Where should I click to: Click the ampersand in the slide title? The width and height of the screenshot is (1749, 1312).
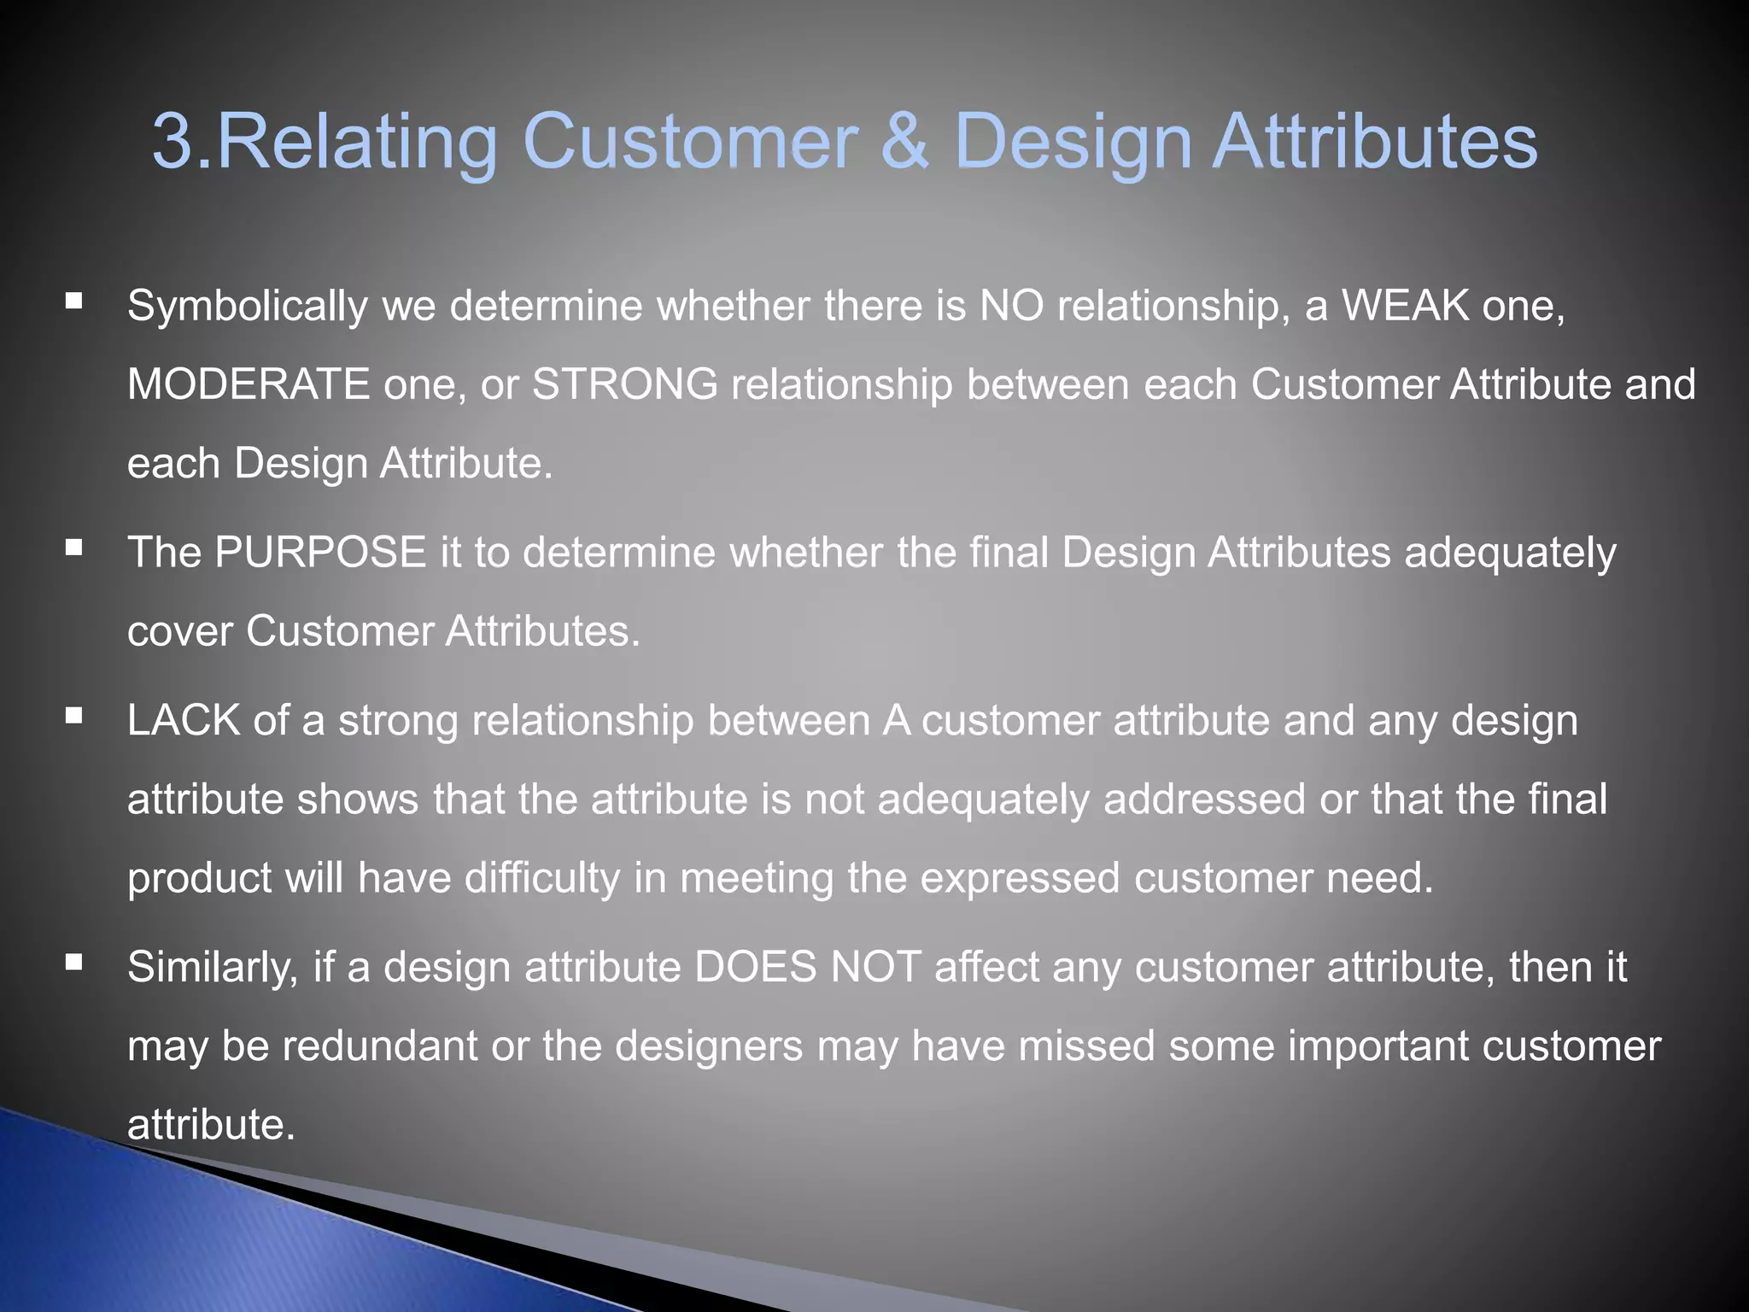tap(904, 141)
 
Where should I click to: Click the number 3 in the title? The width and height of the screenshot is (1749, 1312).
tap(175, 141)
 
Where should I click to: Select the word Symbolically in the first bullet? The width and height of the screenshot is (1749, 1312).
tap(247, 306)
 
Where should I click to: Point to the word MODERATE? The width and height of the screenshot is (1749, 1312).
tap(248, 384)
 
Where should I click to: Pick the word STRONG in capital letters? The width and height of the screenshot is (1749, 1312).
tap(625, 384)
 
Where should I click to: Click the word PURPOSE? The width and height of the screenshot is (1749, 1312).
tap(320, 552)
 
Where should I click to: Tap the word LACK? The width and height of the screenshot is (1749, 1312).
tap(183, 720)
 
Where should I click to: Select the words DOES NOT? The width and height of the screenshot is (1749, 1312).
tap(806, 967)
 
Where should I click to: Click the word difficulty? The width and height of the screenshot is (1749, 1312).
tap(541, 878)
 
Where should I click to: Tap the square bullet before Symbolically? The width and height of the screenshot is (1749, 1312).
tap(74, 301)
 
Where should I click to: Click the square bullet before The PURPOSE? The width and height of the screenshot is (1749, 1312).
tap(74, 547)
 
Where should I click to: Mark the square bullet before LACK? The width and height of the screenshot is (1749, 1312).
tap(74, 715)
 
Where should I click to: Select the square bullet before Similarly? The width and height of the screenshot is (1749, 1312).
tap(74, 963)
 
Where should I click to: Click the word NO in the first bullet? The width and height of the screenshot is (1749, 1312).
tap(1011, 305)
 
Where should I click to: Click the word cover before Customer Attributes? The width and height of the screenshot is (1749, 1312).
tap(179, 632)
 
